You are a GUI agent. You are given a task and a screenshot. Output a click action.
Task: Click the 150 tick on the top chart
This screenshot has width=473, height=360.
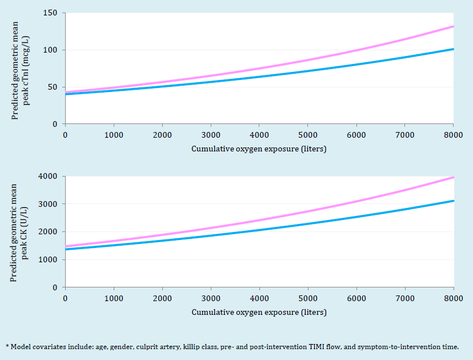[54, 13]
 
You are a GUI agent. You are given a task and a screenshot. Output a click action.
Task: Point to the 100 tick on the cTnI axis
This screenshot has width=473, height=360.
[54, 50]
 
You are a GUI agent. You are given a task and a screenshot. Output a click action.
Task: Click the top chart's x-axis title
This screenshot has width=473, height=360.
[259, 149]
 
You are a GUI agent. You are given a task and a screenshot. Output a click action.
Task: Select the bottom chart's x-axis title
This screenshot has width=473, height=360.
[259, 313]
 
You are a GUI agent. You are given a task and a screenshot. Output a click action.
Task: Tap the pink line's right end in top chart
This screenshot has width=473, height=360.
[453, 26]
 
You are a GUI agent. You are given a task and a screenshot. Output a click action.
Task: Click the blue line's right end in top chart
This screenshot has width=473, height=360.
[453, 49]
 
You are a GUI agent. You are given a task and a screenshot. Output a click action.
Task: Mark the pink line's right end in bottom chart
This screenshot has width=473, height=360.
[453, 177]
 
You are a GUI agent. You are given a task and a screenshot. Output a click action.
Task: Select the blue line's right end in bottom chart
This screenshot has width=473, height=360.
[453, 201]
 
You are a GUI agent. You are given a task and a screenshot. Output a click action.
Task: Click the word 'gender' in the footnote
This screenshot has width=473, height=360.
[118, 347]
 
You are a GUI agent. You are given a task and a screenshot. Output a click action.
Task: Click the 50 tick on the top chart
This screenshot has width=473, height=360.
[56, 87]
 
